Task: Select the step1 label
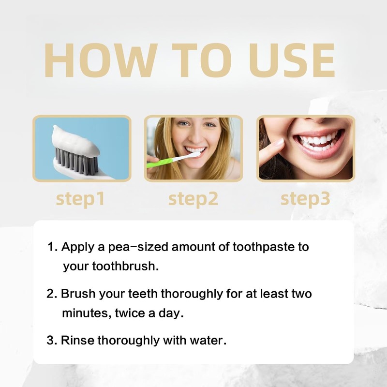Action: (x=80, y=198)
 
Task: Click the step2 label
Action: (x=193, y=198)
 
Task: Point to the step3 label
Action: (x=305, y=198)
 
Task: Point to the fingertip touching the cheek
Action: (x=279, y=143)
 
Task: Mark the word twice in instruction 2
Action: (x=134, y=313)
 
